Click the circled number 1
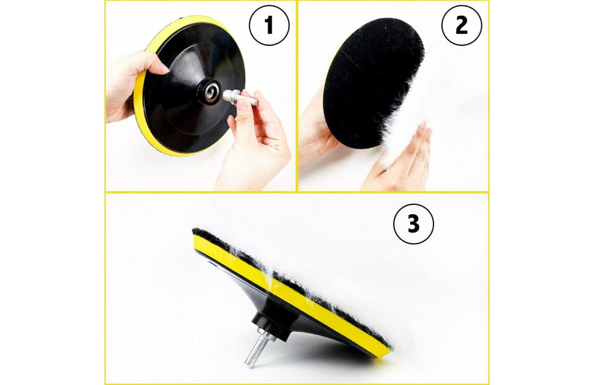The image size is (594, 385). pos(269,25)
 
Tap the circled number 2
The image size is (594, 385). pos(462,25)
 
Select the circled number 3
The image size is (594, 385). pos(413,224)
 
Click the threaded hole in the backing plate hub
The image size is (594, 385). pos(211,92)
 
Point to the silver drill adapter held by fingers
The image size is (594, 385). pos(240,97)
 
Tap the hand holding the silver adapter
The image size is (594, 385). pos(255,141)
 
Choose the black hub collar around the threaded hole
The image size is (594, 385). pos(209,92)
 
